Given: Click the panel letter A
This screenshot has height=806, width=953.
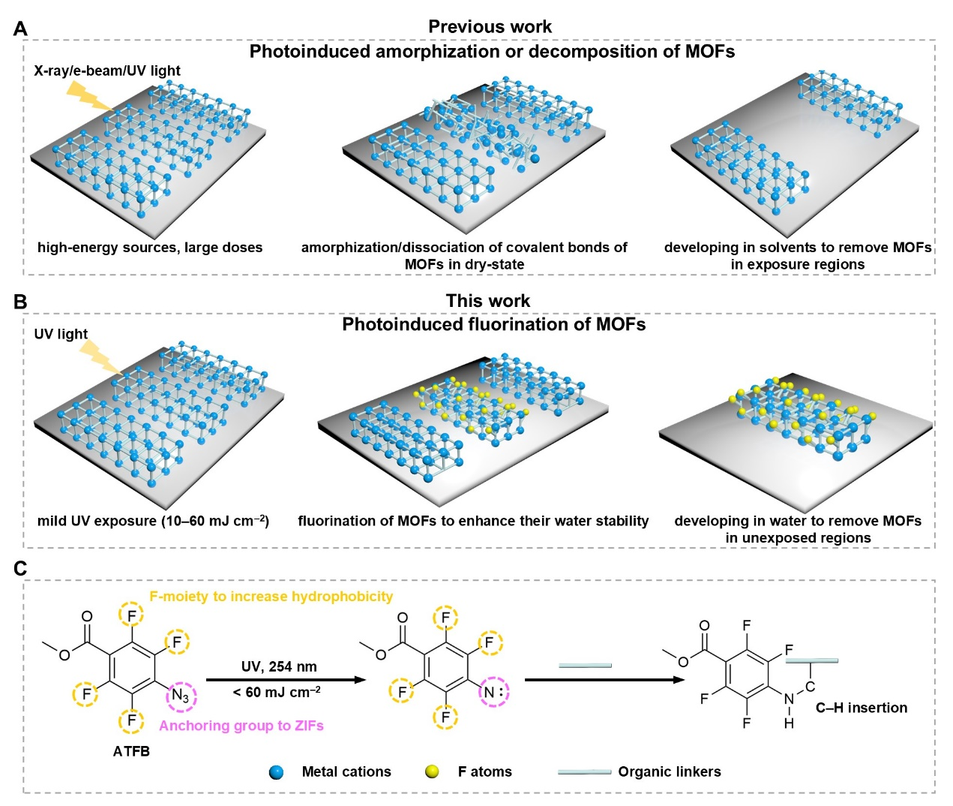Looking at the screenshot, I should (20, 29).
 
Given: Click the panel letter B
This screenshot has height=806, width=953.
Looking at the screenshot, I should (20, 302).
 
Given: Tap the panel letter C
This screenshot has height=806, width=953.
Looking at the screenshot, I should (20, 569).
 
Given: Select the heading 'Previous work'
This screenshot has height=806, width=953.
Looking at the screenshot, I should (490, 27).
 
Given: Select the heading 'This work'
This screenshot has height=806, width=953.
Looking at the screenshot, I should (487, 301).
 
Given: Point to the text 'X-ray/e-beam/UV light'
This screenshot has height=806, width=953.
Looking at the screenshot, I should (107, 71).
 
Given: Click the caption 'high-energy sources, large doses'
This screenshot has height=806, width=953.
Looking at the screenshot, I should (150, 248).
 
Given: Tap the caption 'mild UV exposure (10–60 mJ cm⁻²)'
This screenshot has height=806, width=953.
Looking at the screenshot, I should (153, 521).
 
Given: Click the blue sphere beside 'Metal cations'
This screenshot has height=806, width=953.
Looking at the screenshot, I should (276, 772).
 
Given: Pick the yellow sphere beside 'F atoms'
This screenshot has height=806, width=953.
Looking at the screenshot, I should (432, 772).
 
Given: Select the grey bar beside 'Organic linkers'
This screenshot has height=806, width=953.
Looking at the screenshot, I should (584, 772).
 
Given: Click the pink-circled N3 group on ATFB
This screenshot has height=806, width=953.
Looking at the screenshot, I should (181, 696).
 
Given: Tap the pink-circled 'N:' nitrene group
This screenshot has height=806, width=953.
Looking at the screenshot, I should (491, 692).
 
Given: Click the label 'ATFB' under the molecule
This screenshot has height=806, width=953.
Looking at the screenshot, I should (131, 751).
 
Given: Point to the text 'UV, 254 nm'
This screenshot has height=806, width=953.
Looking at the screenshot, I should (279, 666).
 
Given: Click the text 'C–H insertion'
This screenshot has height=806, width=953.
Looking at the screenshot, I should (861, 708).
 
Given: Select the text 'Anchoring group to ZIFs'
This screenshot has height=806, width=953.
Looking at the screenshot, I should (241, 726).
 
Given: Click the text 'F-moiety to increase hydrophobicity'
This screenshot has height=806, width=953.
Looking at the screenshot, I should (271, 597).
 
